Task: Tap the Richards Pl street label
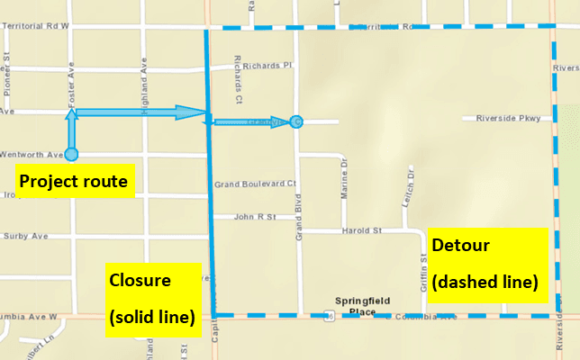[x=261, y=66]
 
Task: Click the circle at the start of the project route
[x=71, y=154]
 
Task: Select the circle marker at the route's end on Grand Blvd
[x=296, y=121]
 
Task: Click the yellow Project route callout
[x=74, y=182]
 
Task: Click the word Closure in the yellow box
[x=140, y=279]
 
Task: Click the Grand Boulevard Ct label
[x=255, y=184]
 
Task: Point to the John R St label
[x=254, y=217]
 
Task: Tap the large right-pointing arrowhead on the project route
[x=191, y=112]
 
